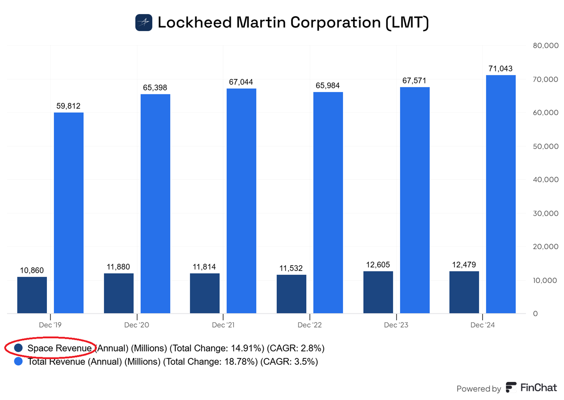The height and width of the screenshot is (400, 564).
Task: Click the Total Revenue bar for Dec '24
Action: [500, 194]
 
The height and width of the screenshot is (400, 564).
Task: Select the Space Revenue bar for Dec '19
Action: [32, 295]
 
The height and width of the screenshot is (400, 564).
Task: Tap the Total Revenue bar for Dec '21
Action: [241, 201]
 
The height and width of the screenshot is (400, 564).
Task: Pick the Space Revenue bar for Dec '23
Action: [378, 292]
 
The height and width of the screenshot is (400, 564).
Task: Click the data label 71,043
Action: [500, 69]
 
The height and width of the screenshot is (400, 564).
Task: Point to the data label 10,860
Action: [32, 270]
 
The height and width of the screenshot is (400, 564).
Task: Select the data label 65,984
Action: [328, 86]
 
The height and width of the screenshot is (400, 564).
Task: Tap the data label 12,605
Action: [378, 265]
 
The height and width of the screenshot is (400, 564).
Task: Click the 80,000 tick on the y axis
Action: [545, 46]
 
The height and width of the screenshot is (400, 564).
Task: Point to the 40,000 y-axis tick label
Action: [545, 180]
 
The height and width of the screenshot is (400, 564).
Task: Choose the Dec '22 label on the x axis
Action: [310, 325]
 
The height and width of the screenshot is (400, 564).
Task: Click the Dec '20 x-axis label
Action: [137, 325]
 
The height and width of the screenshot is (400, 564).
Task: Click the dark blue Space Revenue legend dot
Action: [18, 348]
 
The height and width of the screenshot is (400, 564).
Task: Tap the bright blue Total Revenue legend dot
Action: [18, 361]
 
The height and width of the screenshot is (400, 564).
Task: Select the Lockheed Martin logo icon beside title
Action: [144, 23]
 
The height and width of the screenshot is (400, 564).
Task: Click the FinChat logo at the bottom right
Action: [531, 388]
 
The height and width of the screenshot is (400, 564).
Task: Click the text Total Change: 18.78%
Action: [210, 362]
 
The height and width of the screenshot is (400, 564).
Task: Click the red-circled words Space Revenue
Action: [59, 348]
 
